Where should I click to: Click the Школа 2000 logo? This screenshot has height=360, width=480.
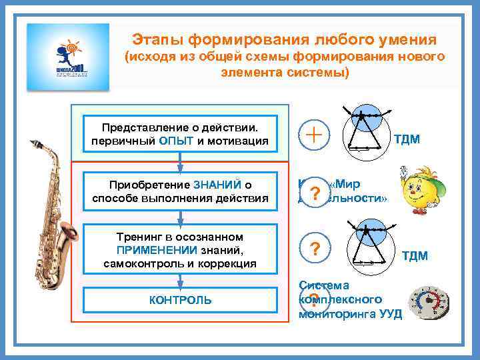coord(67,57)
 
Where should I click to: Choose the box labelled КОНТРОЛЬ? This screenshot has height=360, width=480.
coord(180,300)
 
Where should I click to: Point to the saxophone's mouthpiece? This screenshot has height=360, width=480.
coord(31,145)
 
